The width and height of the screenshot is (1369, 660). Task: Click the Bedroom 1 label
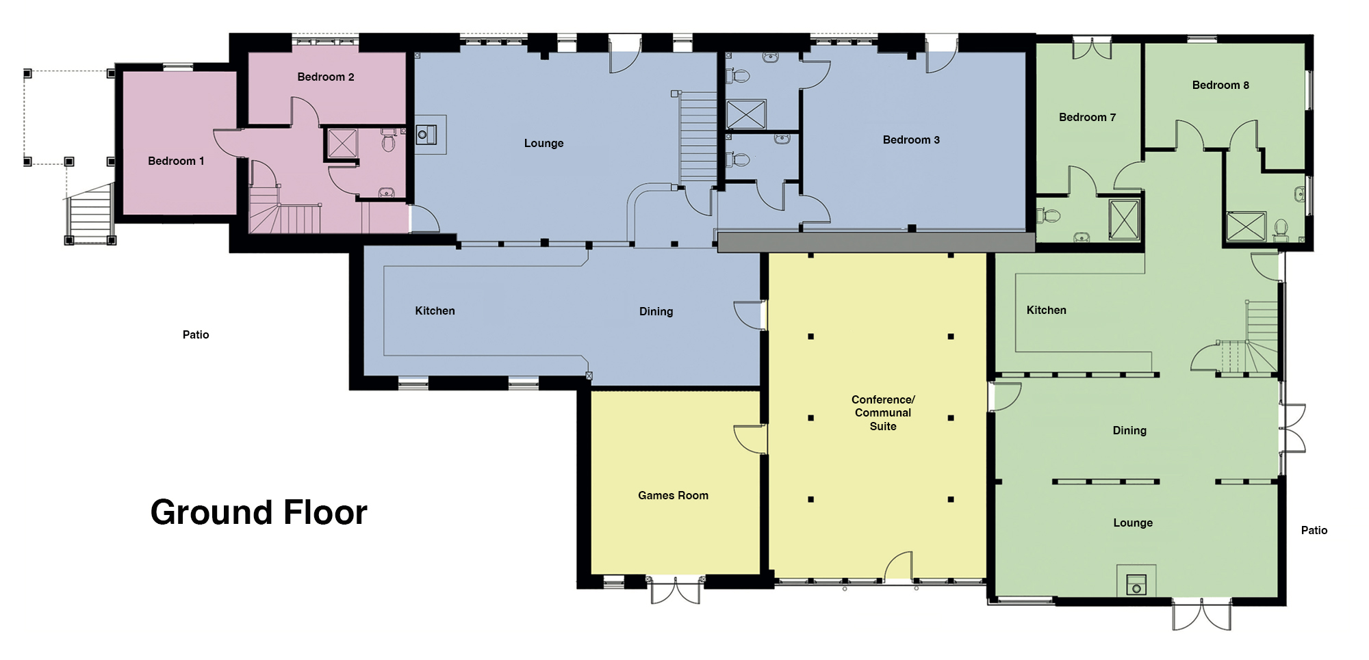176,161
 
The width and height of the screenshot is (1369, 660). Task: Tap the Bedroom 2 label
326,77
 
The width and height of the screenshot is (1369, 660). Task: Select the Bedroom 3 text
911,140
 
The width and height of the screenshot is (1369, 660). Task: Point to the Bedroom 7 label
1087,117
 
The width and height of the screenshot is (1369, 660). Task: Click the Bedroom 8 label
1220,85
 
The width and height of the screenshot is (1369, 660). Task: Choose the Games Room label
673,495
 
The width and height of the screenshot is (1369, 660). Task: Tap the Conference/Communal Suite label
883,412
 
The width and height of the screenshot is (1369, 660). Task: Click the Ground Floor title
259,512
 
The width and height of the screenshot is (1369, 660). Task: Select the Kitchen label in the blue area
435,311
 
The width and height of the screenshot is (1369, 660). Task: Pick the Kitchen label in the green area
1046,310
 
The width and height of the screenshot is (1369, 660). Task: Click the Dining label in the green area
1129,431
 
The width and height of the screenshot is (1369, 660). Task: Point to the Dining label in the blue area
656,312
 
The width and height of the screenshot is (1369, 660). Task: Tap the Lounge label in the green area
1133,523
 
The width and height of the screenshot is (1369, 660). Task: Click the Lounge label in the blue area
543,144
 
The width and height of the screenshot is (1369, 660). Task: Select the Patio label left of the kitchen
196,334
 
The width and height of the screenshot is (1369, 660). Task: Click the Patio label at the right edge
1314,530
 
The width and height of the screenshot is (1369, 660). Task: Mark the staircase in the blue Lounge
698,137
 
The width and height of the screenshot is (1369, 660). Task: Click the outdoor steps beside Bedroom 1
90,212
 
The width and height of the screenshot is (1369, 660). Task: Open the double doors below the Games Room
675,590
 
